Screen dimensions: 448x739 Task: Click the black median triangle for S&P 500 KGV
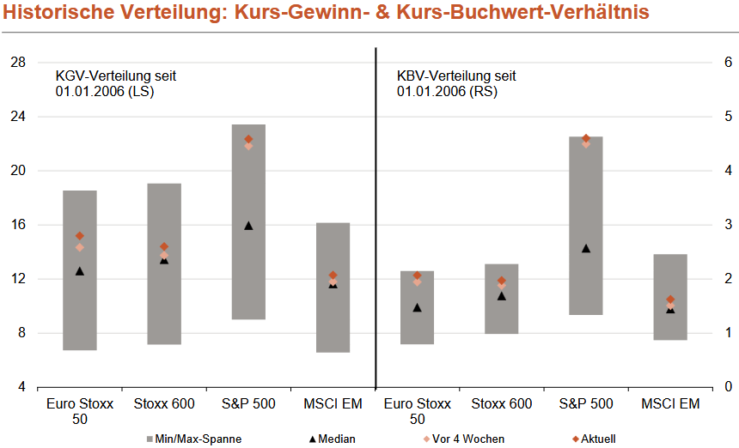[248, 226]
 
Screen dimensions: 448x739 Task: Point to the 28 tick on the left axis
[18, 63]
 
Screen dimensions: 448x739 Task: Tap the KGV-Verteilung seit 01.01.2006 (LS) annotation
[116, 83]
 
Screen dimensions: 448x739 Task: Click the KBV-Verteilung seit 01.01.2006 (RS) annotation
[456, 83]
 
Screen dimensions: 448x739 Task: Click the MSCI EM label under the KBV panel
[670, 403]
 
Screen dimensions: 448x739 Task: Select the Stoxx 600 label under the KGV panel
[164, 403]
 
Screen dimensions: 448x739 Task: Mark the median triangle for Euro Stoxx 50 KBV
[418, 307]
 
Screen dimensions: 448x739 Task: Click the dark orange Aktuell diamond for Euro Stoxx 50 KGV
[80, 236]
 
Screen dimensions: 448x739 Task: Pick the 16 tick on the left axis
[18, 225]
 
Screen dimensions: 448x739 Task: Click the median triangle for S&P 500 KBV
[586, 248]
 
